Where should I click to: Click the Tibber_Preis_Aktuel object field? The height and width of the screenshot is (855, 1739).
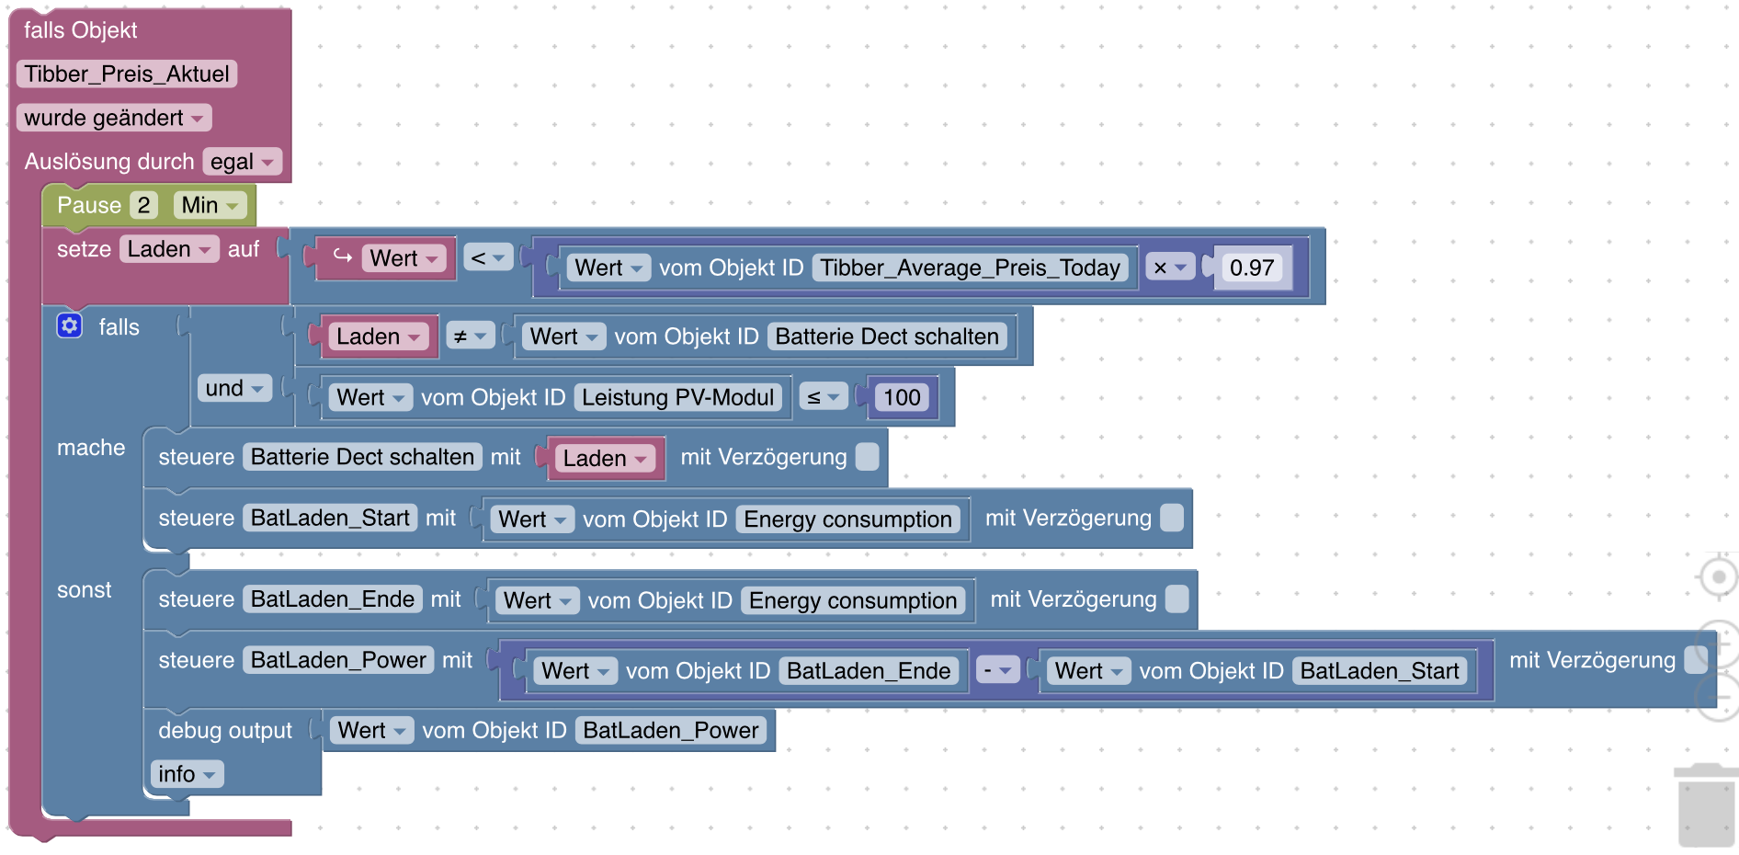pyautogui.click(x=127, y=74)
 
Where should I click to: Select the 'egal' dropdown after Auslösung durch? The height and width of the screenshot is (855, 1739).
pyautogui.click(x=242, y=162)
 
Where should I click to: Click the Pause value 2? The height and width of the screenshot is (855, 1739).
pyautogui.click(x=143, y=205)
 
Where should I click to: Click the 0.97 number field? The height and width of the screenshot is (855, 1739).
pyautogui.click(x=1251, y=268)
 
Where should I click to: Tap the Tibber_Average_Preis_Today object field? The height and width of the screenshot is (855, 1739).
pyautogui.click(x=970, y=268)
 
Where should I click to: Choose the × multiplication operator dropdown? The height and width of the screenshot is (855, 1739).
pyautogui.click(x=1169, y=268)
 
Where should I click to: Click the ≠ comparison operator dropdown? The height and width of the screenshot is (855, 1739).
pyautogui.click(x=470, y=336)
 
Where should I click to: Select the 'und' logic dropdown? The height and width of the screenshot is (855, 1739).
pyautogui.click(x=234, y=388)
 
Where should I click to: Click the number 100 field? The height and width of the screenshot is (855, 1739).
pyautogui.click(x=902, y=397)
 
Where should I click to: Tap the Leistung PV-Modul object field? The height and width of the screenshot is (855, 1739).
pyautogui.click(x=677, y=397)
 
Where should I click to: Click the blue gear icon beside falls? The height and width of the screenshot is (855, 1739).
pyautogui.click(x=70, y=325)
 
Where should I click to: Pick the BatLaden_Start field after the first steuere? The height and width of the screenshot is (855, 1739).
pyautogui.click(x=330, y=518)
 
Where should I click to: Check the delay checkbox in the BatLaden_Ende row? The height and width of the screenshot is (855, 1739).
pyautogui.click(x=1176, y=599)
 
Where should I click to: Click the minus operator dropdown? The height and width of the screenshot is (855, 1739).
pyautogui.click(x=996, y=670)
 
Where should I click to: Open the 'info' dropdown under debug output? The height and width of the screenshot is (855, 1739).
pyautogui.click(x=186, y=774)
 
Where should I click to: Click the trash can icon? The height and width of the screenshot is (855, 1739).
pyautogui.click(x=1706, y=805)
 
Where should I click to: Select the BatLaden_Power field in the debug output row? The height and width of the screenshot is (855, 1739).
pyautogui.click(x=671, y=730)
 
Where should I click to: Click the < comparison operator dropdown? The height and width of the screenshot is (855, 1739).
pyautogui.click(x=487, y=258)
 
